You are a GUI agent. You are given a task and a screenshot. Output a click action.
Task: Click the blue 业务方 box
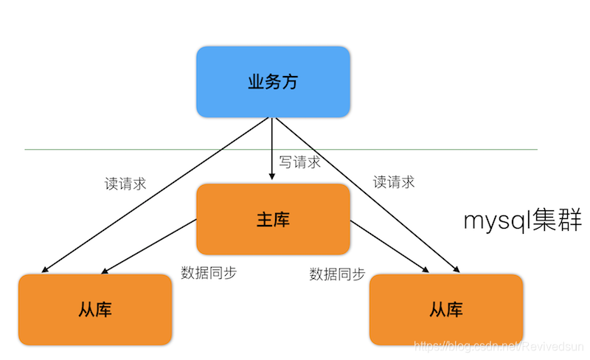272,82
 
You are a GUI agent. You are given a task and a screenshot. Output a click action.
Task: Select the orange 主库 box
272,219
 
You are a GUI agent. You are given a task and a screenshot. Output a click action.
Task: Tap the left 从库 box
95,309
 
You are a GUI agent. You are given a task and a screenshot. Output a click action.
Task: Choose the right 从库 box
446,309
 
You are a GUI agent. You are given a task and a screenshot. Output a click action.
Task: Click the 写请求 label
299,162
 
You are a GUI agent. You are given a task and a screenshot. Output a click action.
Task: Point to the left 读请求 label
125,184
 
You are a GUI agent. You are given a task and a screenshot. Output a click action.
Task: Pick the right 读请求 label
394,181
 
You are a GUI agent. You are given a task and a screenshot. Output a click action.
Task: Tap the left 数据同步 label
209,272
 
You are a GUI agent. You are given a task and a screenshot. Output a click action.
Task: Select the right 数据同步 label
338,274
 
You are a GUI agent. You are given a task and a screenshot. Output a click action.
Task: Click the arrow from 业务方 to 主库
272,148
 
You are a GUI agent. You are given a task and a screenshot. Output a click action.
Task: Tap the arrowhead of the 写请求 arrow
272,178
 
